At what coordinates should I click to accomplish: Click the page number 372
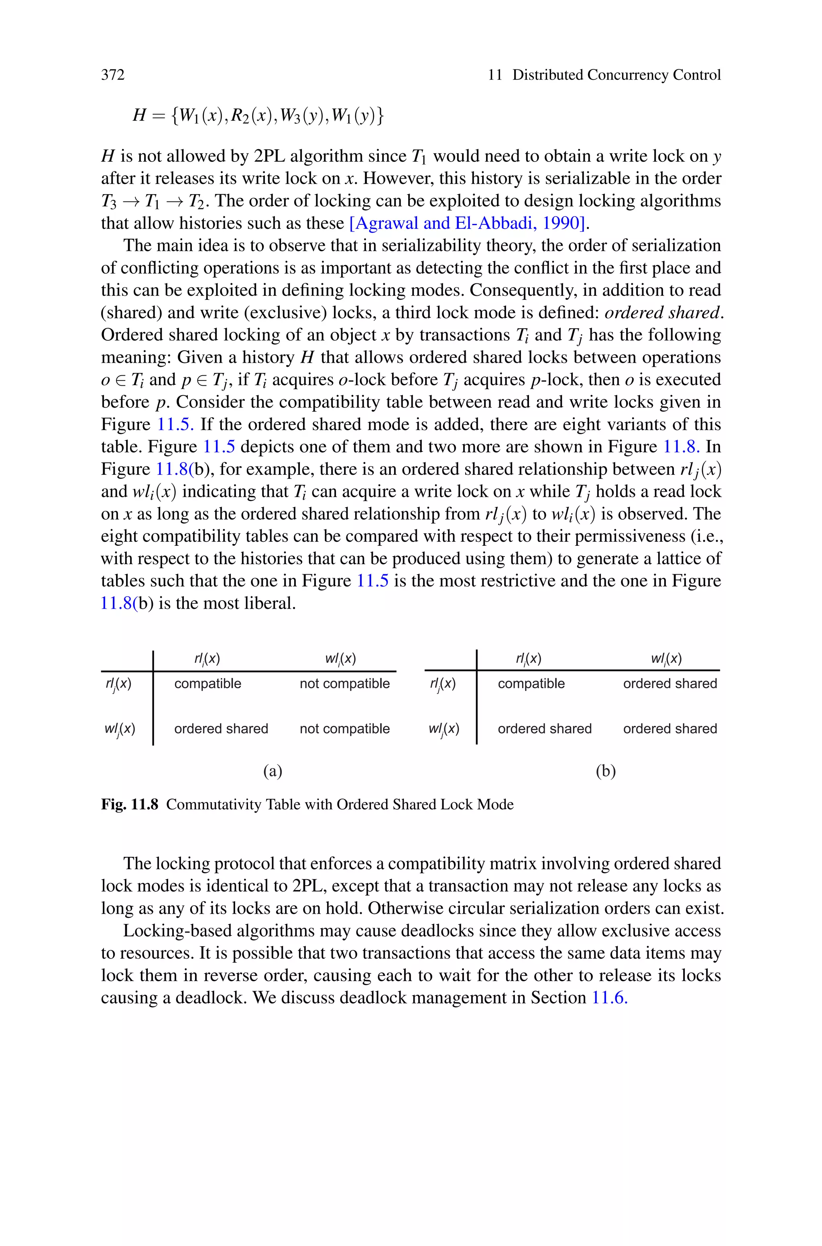pyautogui.click(x=113, y=75)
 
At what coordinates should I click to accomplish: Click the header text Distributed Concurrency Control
pyautogui.click(x=616, y=75)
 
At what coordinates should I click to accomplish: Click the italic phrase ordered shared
pyautogui.click(x=662, y=313)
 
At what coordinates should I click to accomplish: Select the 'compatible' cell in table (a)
pyautogui.click(x=208, y=683)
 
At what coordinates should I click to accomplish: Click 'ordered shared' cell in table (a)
pyautogui.click(x=221, y=728)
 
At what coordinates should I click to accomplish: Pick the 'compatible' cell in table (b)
pyautogui.click(x=531, y=683)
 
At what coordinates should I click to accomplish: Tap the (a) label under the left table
pyautogui.click(x=273, y=771)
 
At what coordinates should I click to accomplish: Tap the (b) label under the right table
pyautogui.click(x=606, y=771)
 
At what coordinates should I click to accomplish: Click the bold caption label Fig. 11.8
pyautogui.click(x=130, y=804)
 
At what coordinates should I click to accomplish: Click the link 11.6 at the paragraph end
pyautogui.click(x=609, y=998)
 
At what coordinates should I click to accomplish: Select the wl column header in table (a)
pyautogui.click(x=340, y=659)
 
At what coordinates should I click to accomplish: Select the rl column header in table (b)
pyautogui.click(x=529, y=659)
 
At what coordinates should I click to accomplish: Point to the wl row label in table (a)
pyautogui.click(x=120, y=729)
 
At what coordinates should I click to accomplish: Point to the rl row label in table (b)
pyautogui.click(x=443, y=684)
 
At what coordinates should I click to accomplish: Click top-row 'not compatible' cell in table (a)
pyautogui.click(x=344, y=683)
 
